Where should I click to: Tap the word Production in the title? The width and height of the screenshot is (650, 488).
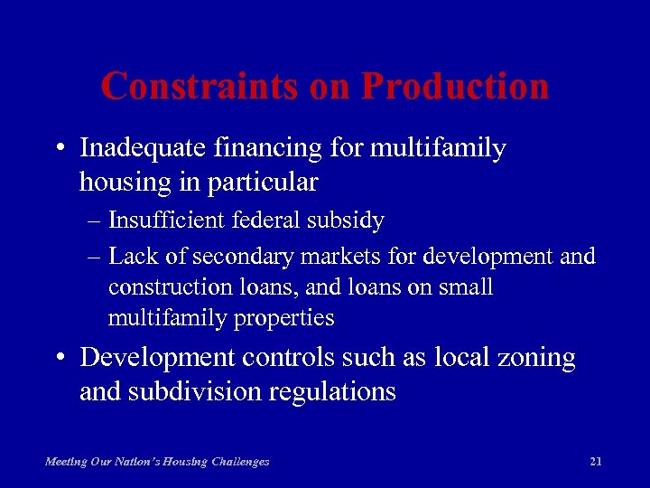tap(455, 87)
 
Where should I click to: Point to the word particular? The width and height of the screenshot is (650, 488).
tap(264, 183)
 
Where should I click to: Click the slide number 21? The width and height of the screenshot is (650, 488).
tap(595, 462)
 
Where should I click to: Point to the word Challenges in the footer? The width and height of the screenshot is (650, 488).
tap(239, 462)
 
